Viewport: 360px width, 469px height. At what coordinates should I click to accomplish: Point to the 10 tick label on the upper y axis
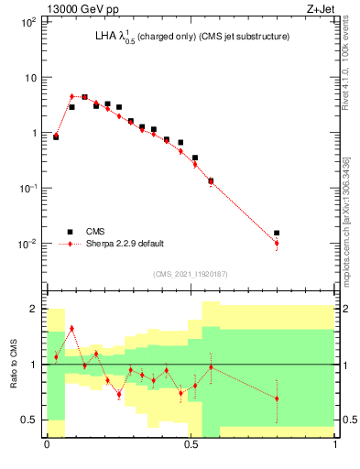coord(29,78)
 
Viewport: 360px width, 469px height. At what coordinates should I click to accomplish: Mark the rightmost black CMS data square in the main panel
coord(277,234)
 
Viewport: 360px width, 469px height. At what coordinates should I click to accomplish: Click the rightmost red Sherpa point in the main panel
coord(277,243)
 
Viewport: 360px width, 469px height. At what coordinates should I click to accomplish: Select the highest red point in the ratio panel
coord(71,328)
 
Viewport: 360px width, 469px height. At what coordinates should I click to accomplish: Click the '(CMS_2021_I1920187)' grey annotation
coord(191,273)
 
